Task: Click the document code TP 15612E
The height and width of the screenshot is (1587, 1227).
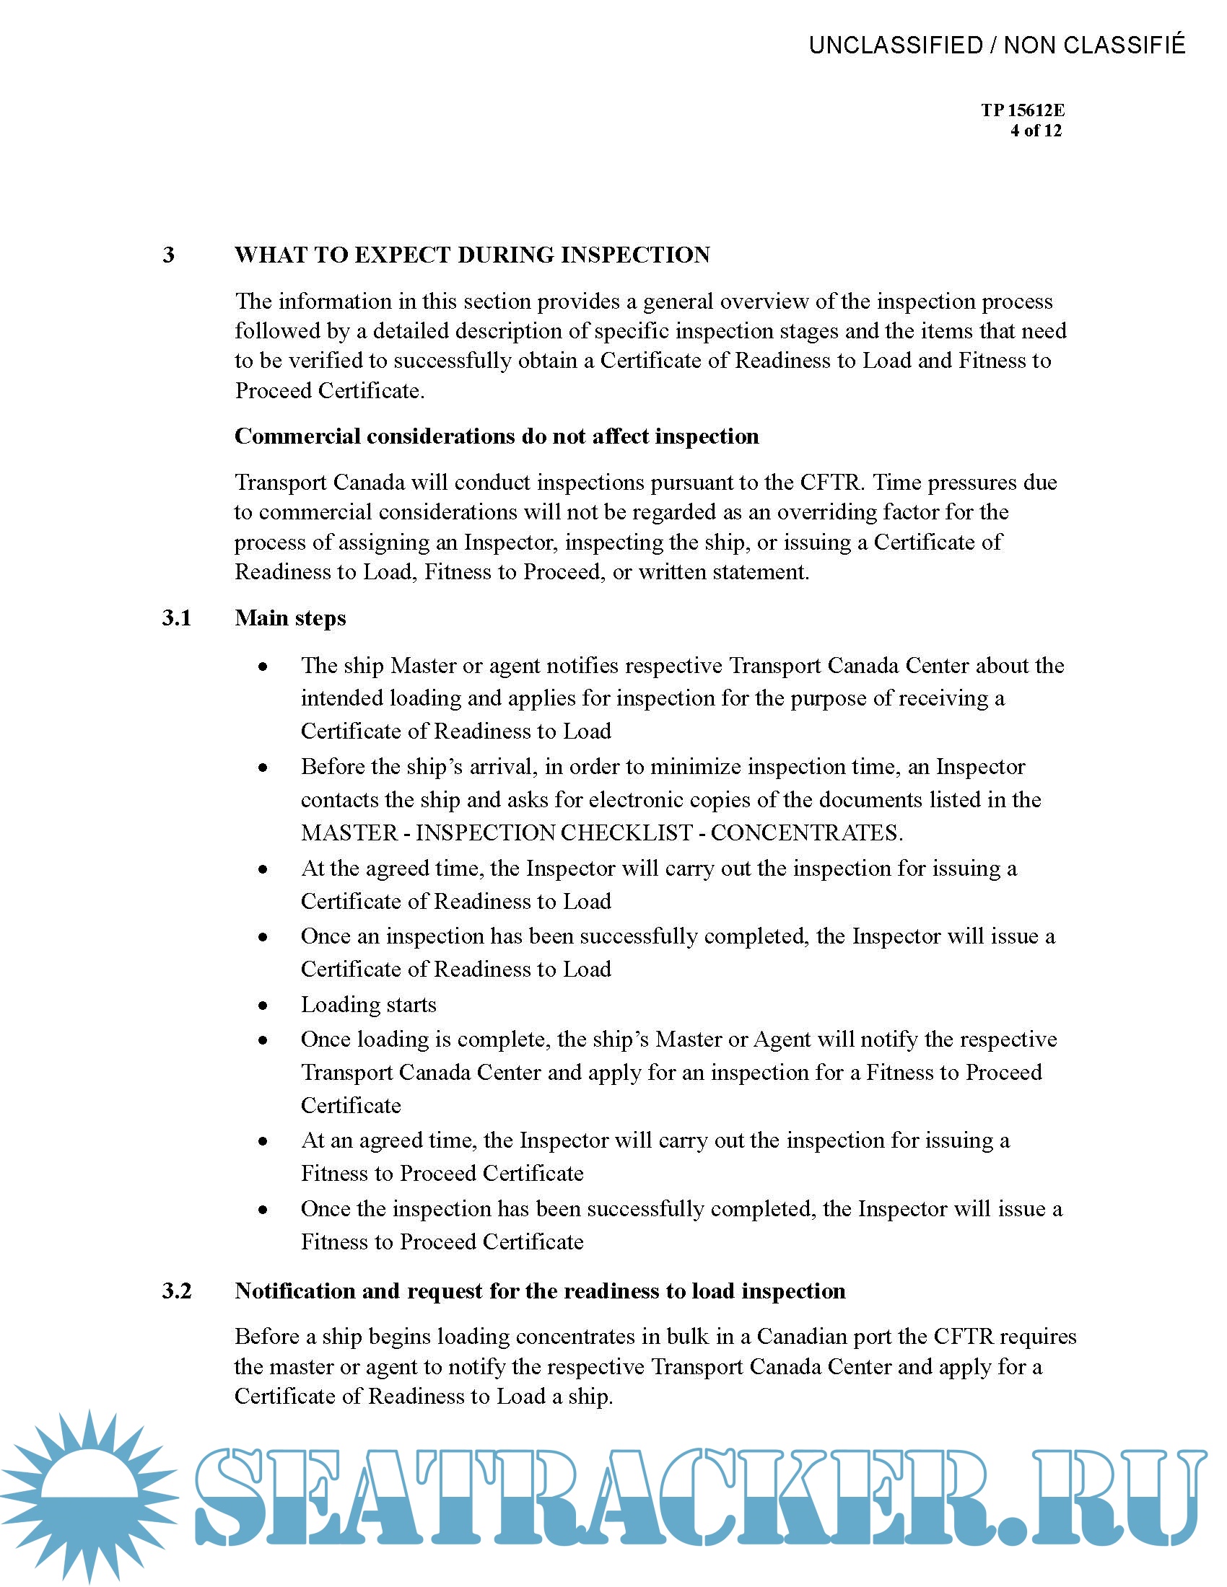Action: (x=1022, y=110)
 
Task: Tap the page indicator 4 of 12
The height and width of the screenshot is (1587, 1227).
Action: (x=1035, y=131)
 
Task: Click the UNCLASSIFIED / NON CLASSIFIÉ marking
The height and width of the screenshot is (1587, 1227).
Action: (x=997, y=45)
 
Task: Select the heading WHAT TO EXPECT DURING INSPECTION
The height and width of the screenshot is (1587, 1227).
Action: (x=472, y=255)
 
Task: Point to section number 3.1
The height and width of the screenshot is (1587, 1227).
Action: (x=177, y=617)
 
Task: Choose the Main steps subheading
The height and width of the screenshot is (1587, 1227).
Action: (x=290, y=617)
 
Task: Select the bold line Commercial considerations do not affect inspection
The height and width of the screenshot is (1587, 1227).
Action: (x=497, y=436)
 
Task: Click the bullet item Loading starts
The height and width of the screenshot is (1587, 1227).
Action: (x=369, y=1005)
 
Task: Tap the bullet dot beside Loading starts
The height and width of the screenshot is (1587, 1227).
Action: (x=263, y=1006)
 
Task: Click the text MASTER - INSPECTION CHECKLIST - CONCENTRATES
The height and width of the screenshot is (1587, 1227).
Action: (x=602, y=832)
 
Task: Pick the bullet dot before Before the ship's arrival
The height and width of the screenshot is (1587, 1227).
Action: (x=263, y=768)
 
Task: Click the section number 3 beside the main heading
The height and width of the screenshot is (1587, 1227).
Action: (x=169, y=255)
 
